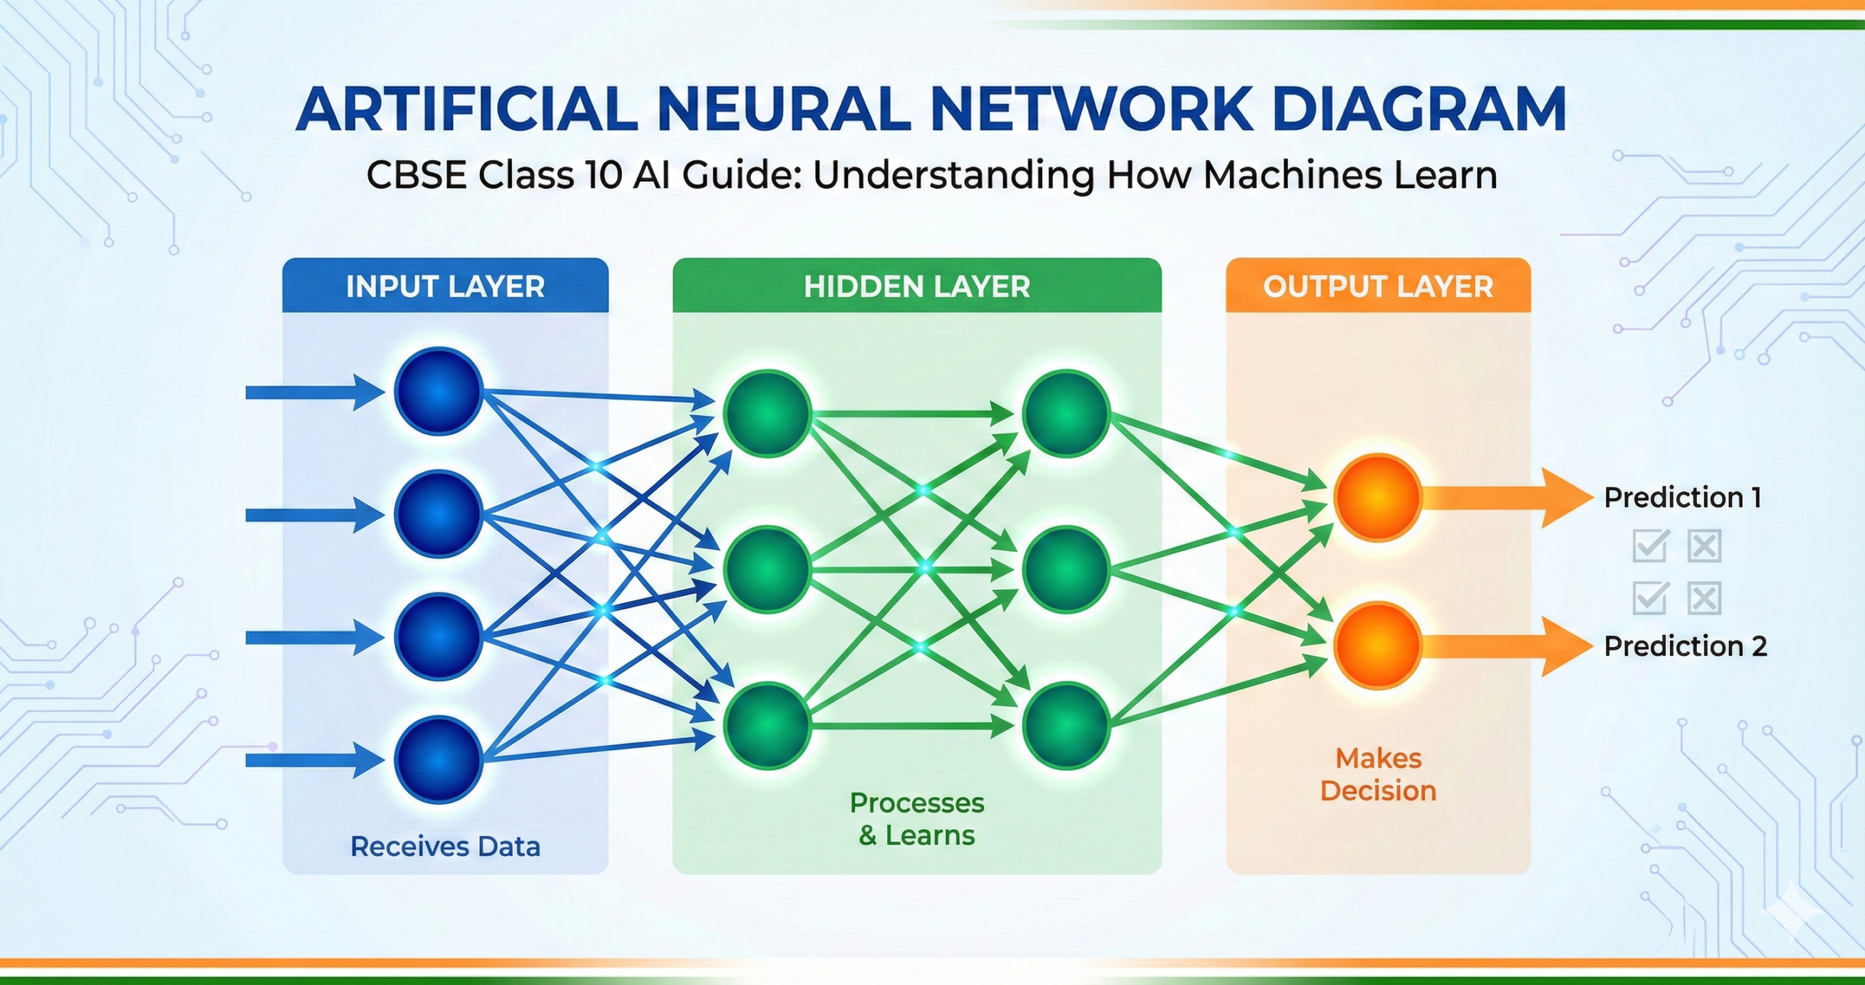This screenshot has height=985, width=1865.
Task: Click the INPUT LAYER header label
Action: tap(445, 286)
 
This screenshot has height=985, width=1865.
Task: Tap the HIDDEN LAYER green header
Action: tap(916, 286)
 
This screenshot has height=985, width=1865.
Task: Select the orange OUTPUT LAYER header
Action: tap(1378, 286)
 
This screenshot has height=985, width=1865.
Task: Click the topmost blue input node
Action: tap(439, 391)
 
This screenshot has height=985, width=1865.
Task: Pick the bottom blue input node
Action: tap(439, 760)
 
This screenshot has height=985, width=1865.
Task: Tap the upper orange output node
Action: tap(1377, 498)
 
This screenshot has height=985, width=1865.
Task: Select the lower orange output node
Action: tap(1377, 645)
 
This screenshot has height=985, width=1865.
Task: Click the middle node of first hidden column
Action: tap(767, 569)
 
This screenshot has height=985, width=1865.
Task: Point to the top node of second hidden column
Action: tap(1066, 413)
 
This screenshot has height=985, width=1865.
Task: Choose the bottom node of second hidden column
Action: tap(1066, 726)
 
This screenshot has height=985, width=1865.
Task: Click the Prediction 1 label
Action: tap(1682, 498)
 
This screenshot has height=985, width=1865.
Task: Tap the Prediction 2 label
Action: tap(1685, 646)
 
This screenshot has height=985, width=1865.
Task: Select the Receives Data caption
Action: tap(445, 847)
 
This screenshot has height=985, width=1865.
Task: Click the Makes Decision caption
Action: tap(1378, 774)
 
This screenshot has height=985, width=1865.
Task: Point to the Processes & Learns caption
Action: tap(916, 819)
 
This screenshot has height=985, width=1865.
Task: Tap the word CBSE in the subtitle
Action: tap(416, 176)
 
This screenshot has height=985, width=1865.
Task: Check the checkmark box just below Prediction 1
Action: tap(1650, 546)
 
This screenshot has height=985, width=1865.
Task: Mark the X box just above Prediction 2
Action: tap(1704, 599)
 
